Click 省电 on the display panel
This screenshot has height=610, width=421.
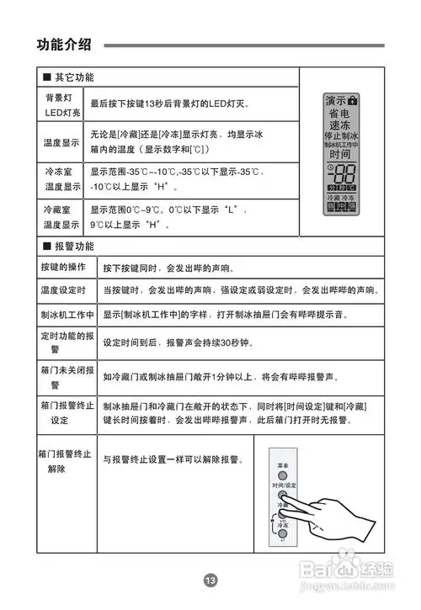tap(340, 114)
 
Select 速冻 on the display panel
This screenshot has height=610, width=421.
tap(340, 126)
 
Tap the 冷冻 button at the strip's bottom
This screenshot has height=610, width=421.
tap(284, 528)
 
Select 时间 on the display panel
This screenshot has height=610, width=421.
tap(340, 155)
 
